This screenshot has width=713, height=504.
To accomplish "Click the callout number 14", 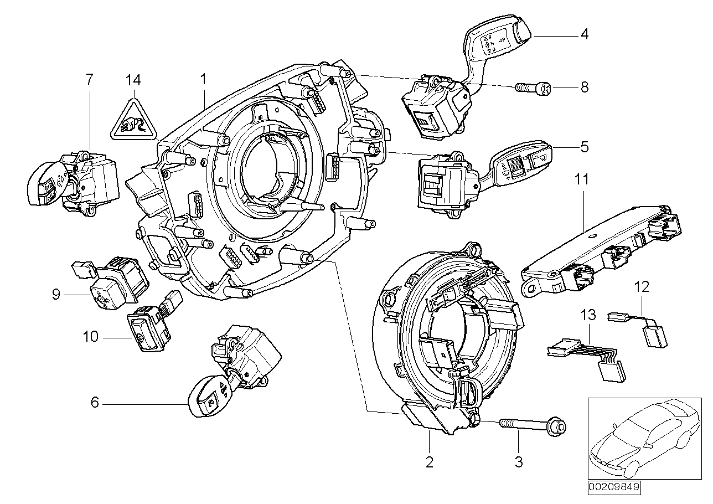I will point(133,80).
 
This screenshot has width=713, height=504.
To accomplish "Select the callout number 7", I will point(90,80).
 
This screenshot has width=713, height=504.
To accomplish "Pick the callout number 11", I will point(581,179).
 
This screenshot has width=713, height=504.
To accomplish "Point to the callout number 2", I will point(429,461).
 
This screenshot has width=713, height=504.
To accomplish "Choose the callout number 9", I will point(56,295).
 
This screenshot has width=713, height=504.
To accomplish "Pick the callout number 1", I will point(203,80).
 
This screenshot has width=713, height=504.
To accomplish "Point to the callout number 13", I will point(588,316).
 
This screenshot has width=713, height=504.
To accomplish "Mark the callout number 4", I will point(584,34).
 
